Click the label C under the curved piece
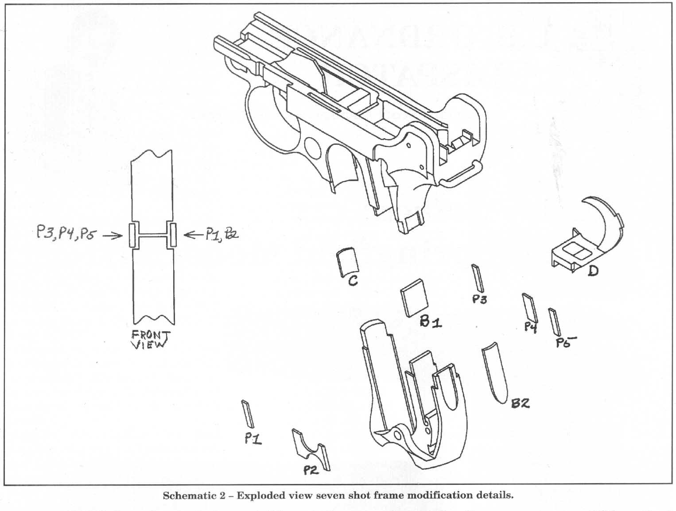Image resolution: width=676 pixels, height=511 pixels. pyautogui.click(x=353, y=280)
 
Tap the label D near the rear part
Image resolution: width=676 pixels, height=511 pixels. pyautogui.click(x=593, y=271)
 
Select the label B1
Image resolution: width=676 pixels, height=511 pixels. pyautogui.click(x=431, y=322)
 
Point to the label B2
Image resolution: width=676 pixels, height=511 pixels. pyautogui.click(x=521, y=403)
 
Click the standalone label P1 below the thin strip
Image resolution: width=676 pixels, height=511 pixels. pyautogui.click(x=253, y=439)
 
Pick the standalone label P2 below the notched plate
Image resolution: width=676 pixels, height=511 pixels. pyautogui.click(x=311, y=470)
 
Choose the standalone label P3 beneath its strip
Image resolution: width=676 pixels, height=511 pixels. pyautogui.click(x=479, y=299)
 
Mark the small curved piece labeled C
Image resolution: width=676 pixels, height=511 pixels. pyautogui.click(x=348, y=262)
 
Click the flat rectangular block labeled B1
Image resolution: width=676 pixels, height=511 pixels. pyautogui.click(x=414, y=298)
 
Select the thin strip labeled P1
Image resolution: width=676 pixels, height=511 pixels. pyautogui.click(x=248, y=414)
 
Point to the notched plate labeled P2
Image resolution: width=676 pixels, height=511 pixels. pyautogui.click(x=311, y=449)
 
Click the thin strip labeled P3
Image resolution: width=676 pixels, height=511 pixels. pyautogui.click(x=478, y=278)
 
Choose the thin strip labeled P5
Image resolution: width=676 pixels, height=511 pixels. pyautogui.click(x=554, y=321)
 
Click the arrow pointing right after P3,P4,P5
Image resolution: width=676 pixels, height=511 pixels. pyautogui.click(x=113, y=236)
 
